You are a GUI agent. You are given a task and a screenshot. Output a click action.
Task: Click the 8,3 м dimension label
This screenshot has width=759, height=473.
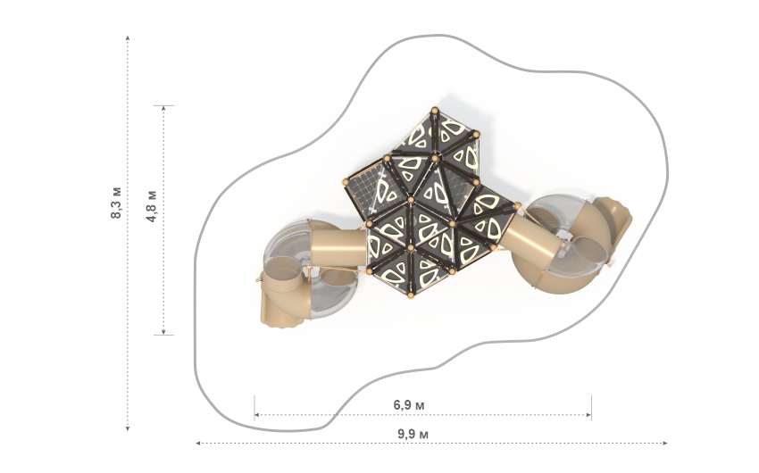click(117, 203)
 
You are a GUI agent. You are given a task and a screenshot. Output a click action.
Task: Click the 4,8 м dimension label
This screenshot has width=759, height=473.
click(152, 206)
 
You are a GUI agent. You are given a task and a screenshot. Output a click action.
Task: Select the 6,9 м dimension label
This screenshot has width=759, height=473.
click(409, 404)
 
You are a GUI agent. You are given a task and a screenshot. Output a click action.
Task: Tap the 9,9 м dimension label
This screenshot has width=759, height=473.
click(413, 434)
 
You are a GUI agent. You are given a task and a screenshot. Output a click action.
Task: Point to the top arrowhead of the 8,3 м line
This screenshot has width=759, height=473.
click(128, 37)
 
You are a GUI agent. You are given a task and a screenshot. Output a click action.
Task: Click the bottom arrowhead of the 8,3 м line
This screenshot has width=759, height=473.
click(128, 427)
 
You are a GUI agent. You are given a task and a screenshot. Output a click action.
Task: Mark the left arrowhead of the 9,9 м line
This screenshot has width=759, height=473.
click(198, 443)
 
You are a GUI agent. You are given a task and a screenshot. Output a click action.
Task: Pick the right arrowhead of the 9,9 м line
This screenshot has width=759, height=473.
click(665, 443)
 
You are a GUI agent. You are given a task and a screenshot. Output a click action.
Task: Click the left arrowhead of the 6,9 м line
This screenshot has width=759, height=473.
click(257, 414)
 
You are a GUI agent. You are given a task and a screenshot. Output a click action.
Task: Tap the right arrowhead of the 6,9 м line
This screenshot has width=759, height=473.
click(588, 414)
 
